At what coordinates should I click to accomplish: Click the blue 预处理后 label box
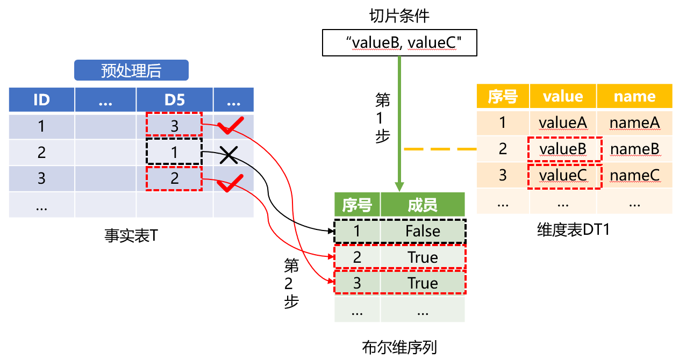tap(131, 70)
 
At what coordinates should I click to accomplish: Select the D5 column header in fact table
tap(174, 100)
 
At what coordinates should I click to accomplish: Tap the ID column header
tap(41, 100)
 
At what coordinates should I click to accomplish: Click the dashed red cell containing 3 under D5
tap(174, 126)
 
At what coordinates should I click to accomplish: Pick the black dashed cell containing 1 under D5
tap(174, 152)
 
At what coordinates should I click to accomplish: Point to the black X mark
tap(228, 155)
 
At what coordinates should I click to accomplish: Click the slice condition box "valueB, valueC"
tap(399, 43)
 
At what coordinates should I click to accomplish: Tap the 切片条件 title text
tap(399, 16)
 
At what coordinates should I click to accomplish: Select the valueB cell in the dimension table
tap(563, 149)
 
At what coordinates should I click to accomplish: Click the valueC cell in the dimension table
tap(563, 175)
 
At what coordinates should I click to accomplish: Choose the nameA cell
tap(634, 123)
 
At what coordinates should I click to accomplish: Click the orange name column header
tap(634, 97)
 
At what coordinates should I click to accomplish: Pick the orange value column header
tap(563, 97)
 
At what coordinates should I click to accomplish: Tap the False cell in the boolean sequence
tap(423, 231)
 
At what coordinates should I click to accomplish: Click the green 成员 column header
tap(423, 205)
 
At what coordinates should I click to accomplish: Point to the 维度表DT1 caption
tap(573, 229)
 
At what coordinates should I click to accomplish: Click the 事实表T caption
tap(131, 235)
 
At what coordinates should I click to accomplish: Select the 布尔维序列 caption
tap(399, 348)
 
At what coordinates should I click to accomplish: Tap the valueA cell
tap(563, 123)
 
